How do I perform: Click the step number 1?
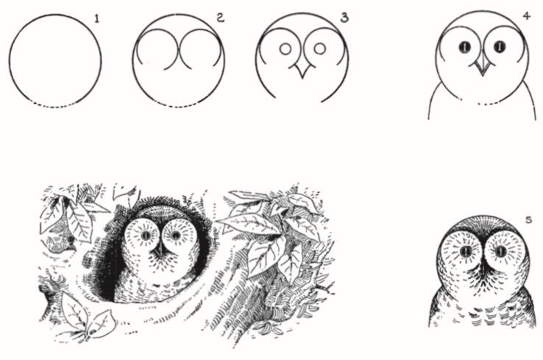click(97, 18)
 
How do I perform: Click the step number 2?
click(221, 18)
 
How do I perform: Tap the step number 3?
click(344, 18)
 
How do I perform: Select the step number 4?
click(527, 16)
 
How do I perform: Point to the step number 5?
click(529, 219)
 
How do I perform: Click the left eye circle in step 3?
click(285, 49)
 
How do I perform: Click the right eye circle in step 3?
click(319, 49)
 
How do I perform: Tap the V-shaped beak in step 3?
click(302, 71)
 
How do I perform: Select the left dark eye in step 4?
click(465, 47)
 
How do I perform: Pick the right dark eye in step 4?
click(500, 46)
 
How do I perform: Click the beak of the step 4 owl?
click(483, 68)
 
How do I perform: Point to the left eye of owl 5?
click(466, 251)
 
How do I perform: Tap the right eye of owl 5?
click(500, 251)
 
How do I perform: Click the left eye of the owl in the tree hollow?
click(146, 236)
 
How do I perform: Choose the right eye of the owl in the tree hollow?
click(176, 236)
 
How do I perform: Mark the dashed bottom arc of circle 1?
click(55, 106)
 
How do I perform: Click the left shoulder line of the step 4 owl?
click(432, 100)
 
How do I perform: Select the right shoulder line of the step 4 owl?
click(532, 100)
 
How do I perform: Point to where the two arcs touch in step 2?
click(179, 49)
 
